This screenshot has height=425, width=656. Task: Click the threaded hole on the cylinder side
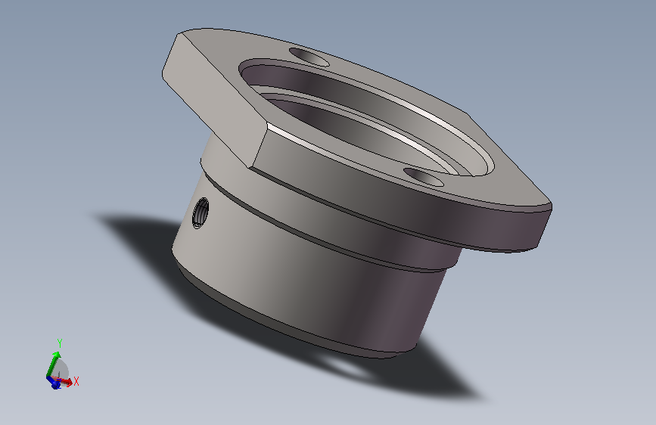coord(201,212)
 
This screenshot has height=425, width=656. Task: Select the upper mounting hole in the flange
coord(309,57)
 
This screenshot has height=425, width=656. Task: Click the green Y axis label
coord(60,343)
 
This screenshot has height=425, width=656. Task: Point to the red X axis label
coord(76,381)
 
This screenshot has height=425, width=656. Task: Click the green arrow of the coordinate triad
coord(53,365)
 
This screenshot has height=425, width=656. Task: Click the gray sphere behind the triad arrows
coord(62,368)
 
